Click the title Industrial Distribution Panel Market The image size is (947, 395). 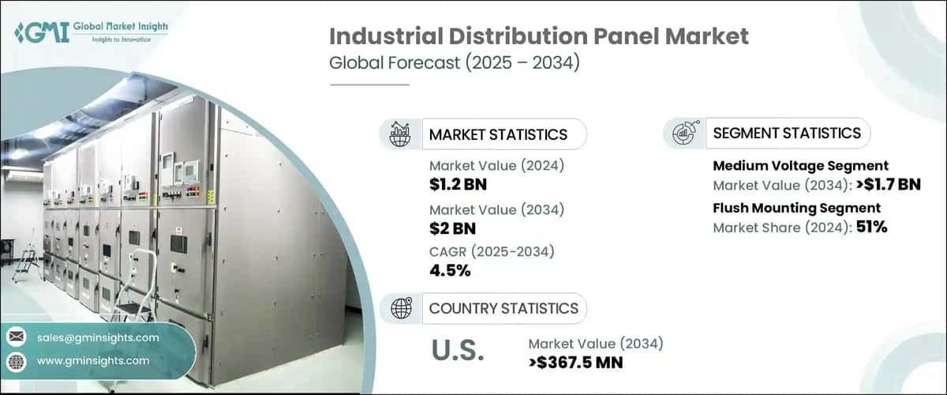pyautogui.click(x=538, y=36)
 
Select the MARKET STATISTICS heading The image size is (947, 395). pyautogui.click(x=498, y=134)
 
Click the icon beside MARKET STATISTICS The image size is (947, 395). pyautogui.click(x=400, y=134)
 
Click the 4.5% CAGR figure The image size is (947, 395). pyautogui.click(x=450, y=271)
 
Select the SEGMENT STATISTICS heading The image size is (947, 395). pyautogui.click(x=787, y=134)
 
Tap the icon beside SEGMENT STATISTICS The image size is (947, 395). pyautogui.click(x=683, y=134)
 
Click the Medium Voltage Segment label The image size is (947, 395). pyautogui.click(x=800, y=166)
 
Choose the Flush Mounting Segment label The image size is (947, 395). pyautogui.click(x=796, y=209)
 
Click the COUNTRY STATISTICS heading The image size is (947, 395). pyautogui.click(x=503, y=308)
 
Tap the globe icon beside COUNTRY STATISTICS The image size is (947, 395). pyautogui.click(x=400, y=308)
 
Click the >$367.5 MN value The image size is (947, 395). pyautogui.click(x=575, y=363)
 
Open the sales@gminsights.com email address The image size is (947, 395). pyautogui.click(x=97, y=337)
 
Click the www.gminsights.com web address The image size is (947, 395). pyautogui.click(x=92, y=360)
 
